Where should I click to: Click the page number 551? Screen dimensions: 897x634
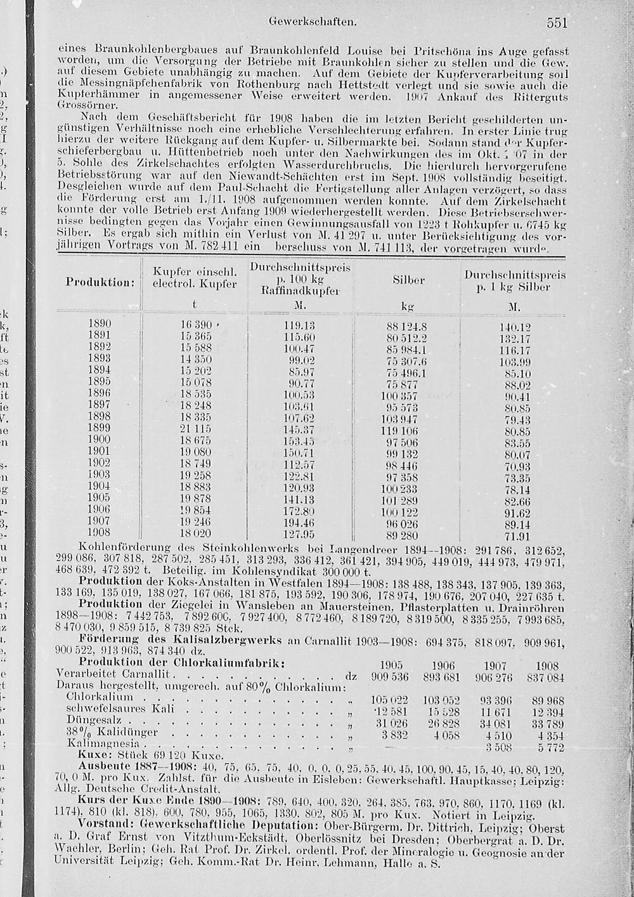click(x=556, y=23)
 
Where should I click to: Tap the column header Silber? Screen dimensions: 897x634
click(x=408, y=280)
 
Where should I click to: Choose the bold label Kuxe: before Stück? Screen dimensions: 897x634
click(x=95, y=756)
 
